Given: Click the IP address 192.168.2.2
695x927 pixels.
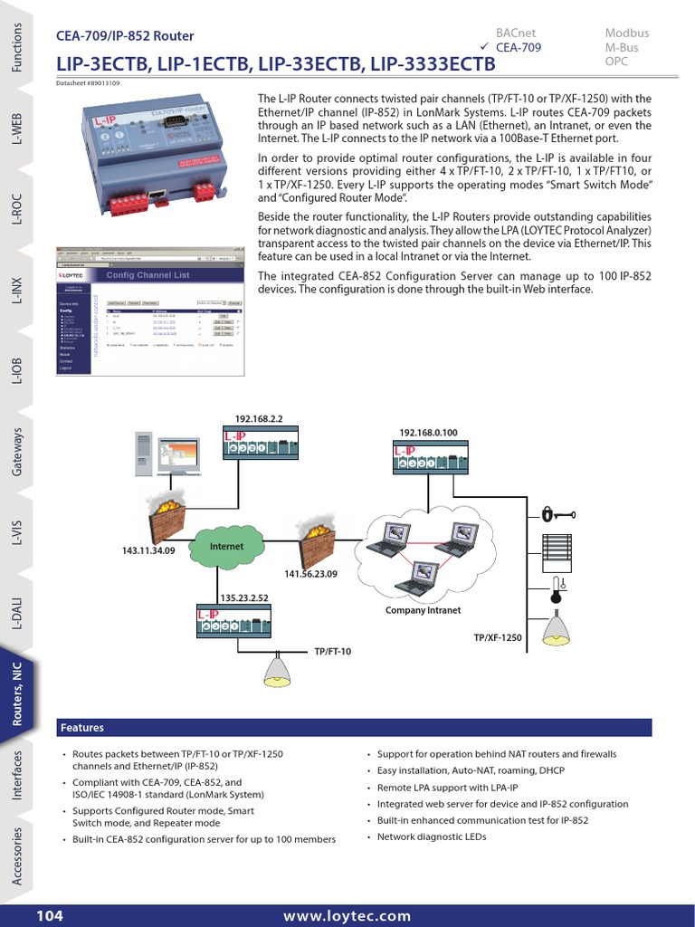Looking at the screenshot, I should (x=260, y=419).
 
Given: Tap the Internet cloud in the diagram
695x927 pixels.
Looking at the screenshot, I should (x=226, y=547).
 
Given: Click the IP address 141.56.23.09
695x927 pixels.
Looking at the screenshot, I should (x=310, y=574).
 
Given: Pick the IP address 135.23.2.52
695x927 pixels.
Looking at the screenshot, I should (x=245, y=598).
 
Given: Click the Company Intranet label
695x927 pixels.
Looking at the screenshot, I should (x=424, y=610).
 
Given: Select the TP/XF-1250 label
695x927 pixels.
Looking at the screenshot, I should (x=498, y=638).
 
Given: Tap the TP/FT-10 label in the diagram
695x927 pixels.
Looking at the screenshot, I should (x=332, y=651).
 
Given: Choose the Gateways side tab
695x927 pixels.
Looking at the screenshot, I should (x=17, y=452).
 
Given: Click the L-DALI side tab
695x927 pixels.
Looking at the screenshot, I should (x=17, y=615).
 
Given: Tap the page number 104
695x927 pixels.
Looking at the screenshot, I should (x=50, y=916).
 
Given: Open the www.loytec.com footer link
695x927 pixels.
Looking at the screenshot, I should (x=347, y=916).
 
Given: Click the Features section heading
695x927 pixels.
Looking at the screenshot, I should (x=81, y=728).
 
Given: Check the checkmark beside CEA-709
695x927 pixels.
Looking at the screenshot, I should (x=484, y=47).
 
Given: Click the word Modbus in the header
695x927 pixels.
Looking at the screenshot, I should (x=626, y=33).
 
